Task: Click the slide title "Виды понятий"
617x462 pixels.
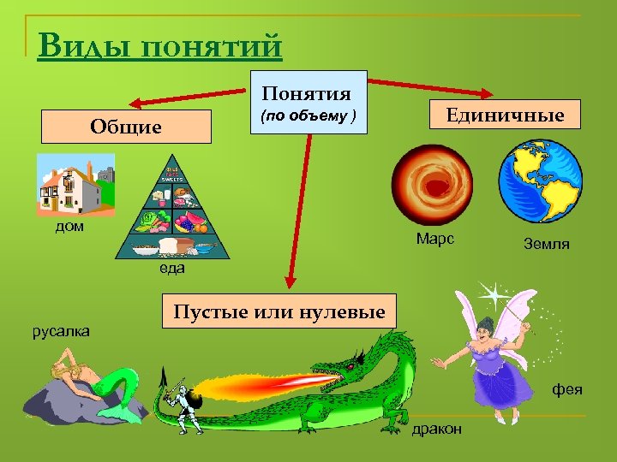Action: pos(160,44)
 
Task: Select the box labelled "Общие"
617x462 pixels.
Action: pos(126,127)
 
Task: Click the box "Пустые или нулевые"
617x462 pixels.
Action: pos(279,311)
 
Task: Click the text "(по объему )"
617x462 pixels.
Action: pos(308,115)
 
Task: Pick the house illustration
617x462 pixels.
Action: pos(75,185)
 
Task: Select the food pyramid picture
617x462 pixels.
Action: pos(173,210)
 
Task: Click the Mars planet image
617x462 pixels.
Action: pos(432,181)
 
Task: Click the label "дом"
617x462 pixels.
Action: pos(69,228)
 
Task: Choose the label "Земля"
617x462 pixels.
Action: pos(546,244)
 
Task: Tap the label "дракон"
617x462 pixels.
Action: pos(436,429)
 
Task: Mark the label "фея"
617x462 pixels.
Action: pos(566,389)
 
